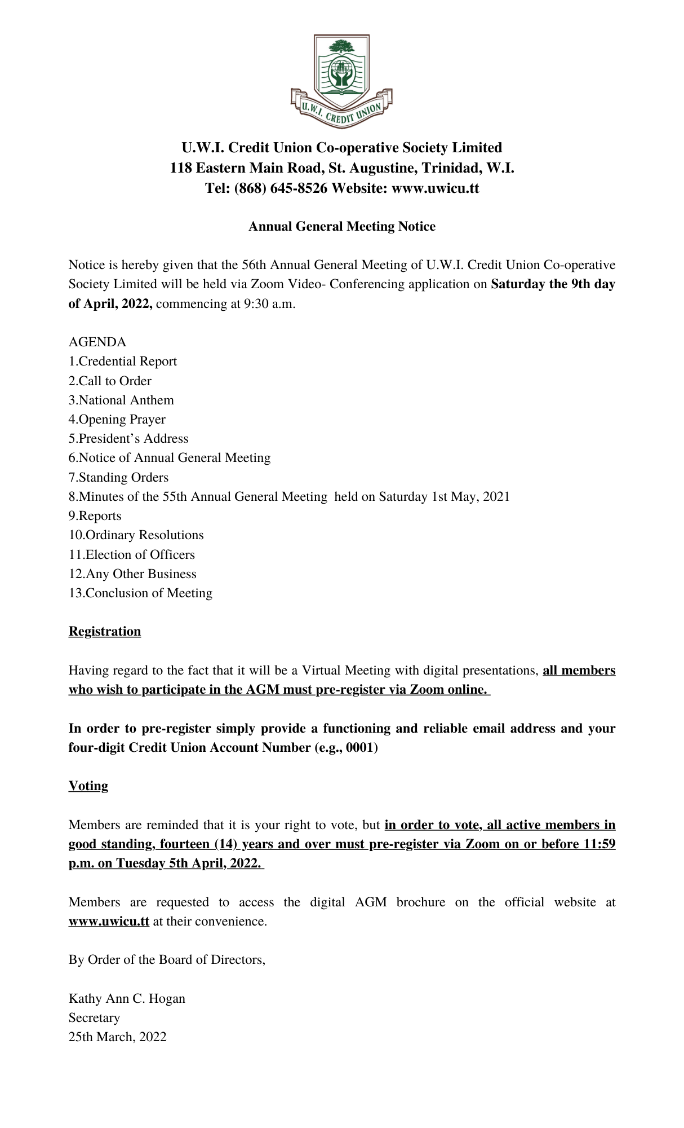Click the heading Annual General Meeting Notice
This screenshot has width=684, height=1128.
[x=342, y=227]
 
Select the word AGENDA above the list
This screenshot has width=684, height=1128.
[x=97, y=342]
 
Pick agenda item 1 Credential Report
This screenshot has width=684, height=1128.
[x=123, y=362]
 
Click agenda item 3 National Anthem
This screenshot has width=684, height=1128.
[x=121, y=400]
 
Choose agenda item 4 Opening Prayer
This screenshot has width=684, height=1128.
[x=117, y=420]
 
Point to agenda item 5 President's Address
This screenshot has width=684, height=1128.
[x=128, y=439]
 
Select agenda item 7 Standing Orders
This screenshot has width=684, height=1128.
[x=118, y=478]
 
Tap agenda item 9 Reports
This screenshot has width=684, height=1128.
[x=95, y=516]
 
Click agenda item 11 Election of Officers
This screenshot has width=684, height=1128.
[x=132, y=555]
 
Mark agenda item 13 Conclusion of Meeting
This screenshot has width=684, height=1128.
[x=140, y=593]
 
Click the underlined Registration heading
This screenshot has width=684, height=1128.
[x=105, y=632]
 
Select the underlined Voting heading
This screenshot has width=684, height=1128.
[x=88, y=786]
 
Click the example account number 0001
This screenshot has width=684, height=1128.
[x=359, y=748]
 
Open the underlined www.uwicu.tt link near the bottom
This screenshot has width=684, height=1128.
[x=109, y=922]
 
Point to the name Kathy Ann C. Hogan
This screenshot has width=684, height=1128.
[x=127, y=999]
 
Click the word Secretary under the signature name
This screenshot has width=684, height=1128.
[x=94, y=1018]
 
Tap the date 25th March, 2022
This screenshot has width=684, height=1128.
[x=117, y=1037]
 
